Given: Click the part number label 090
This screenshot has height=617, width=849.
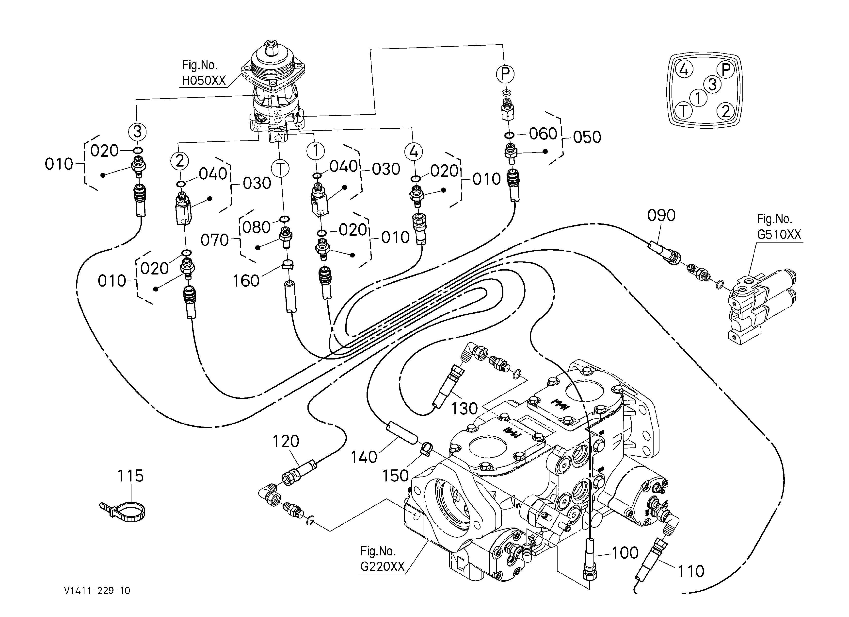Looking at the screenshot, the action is (661, 215).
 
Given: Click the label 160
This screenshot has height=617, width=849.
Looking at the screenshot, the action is (246, 281).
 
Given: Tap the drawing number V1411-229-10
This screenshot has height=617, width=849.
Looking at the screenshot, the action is (97, 591).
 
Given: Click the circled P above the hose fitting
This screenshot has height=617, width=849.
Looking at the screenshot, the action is (505, 74).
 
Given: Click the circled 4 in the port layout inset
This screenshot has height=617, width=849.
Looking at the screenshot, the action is (684, 70).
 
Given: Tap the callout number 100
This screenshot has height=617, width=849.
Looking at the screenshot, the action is (625, 553).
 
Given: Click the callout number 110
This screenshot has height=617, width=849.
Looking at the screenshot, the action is (691, 572).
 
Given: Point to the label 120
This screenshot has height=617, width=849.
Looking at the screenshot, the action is (286, 441).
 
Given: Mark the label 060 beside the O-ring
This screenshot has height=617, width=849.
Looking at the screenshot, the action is (543, 134).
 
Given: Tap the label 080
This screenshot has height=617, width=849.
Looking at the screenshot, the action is (256, 227).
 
